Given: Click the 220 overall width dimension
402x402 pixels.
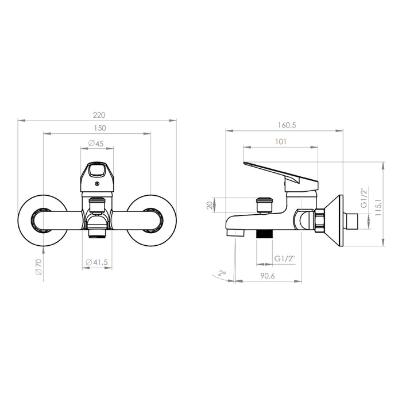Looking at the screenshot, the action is [x=99, y=115].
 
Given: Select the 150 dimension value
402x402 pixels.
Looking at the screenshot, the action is [x=100, y=128].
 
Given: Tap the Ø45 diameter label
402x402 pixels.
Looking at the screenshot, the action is [x=96, y=144].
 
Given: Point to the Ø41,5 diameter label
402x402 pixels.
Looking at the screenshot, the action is [x=97, y=262].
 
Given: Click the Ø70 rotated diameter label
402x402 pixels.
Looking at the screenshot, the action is [x=38, y=267].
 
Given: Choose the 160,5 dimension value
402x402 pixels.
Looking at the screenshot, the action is [x=287, y=125].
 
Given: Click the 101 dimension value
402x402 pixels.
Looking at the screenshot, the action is [x=281, y=141].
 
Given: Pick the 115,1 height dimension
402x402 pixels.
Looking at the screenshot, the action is [x=378, y=204].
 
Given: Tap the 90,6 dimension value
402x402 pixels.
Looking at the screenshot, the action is [x=268, y=276].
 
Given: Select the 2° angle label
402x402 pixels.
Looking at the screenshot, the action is [x=222, y=273].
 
